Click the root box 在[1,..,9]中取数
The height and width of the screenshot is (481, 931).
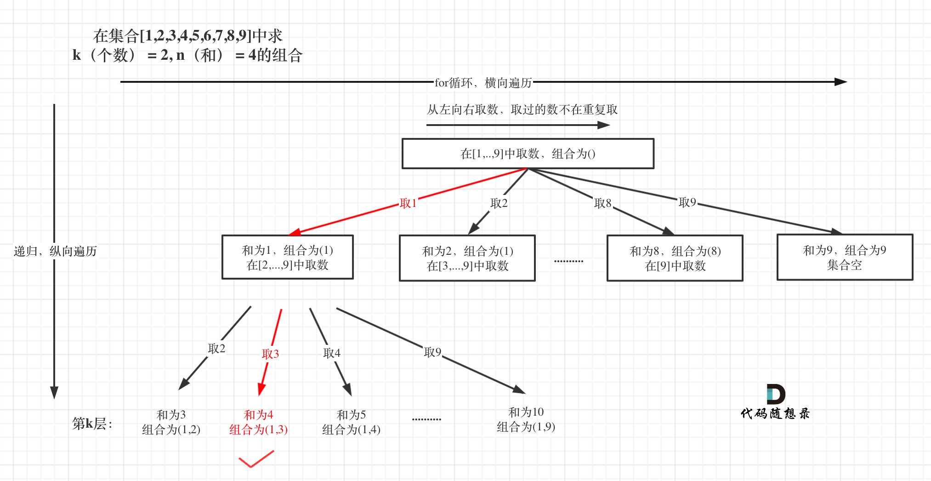click(528, 154)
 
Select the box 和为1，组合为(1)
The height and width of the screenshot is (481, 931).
click(287, 257)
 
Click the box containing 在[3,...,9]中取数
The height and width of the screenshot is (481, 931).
click(467, 258)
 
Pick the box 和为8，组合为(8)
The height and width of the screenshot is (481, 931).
click(675, 258)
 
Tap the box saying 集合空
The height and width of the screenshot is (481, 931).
click(844, 258)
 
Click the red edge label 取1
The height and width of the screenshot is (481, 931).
click(408, 203)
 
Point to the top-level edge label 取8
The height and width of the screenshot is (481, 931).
click(602, 203)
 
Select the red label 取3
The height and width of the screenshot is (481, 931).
click(270, 354)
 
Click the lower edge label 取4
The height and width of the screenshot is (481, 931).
click(331, 353)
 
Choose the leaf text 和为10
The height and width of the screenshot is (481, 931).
click(526, 412)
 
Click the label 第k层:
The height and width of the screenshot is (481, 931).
click(92, 424)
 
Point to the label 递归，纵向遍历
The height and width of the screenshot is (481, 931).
click(55, 251)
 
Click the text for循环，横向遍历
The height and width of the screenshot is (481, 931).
click(483, 83)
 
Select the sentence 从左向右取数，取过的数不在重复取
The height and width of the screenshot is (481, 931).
click(522, 109)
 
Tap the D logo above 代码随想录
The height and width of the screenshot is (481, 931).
click(775, 394)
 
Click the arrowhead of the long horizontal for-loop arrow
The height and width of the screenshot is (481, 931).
click(841, 82)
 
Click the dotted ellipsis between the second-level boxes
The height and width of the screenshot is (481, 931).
click(568, 261)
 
